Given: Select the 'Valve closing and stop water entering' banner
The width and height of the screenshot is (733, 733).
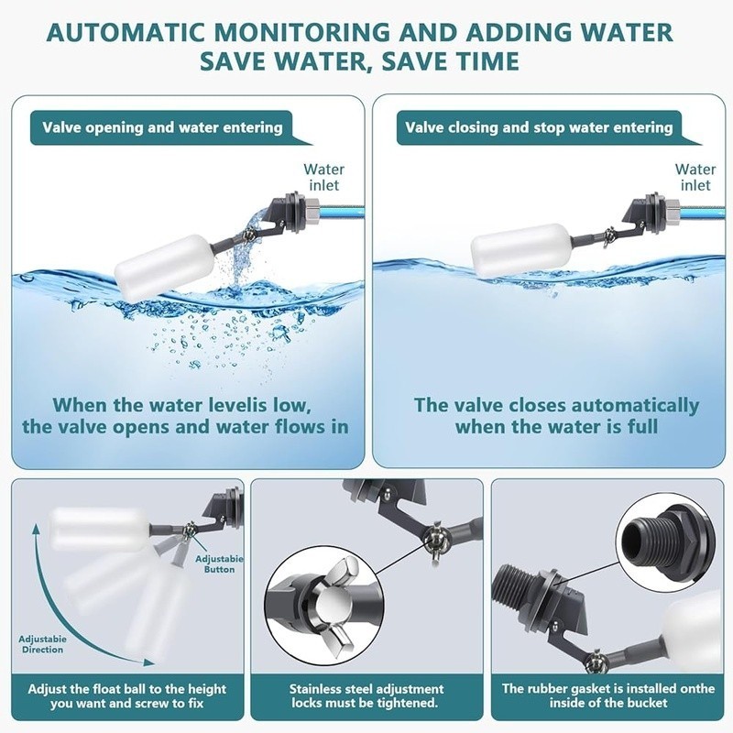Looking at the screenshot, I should [x=540, y=127].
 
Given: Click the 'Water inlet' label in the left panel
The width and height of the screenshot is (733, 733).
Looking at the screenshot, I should [x=324, y=178].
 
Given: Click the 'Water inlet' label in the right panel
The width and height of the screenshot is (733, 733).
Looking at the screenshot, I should [x=695, y=177].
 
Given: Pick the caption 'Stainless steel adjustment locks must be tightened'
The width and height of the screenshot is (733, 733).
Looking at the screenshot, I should [x=366, y=695].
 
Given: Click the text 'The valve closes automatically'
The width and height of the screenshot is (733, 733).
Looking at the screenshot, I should [x=556, y=405].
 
